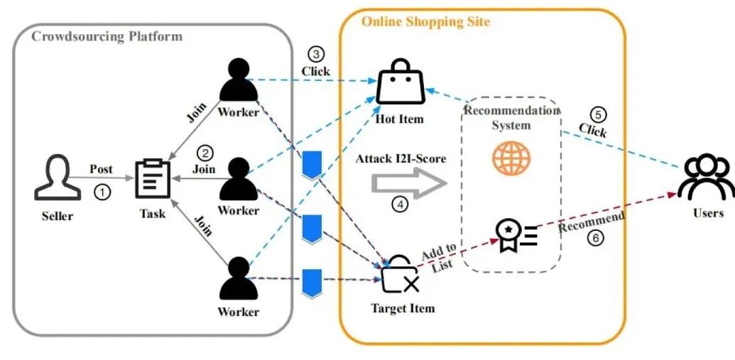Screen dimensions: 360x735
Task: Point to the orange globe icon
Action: (511, 158)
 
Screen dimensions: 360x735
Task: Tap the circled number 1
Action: (103, 192)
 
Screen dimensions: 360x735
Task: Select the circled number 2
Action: (205, 153)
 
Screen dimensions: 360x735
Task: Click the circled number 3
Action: (316, 55)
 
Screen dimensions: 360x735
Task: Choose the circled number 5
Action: (599, 114)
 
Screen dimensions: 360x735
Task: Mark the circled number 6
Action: (597, 239)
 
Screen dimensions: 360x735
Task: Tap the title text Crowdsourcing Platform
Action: (107, 36)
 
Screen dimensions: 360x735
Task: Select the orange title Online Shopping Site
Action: (425, 21)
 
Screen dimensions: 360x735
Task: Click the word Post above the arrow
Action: (101, 169)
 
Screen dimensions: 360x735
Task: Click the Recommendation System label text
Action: (511, 117)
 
